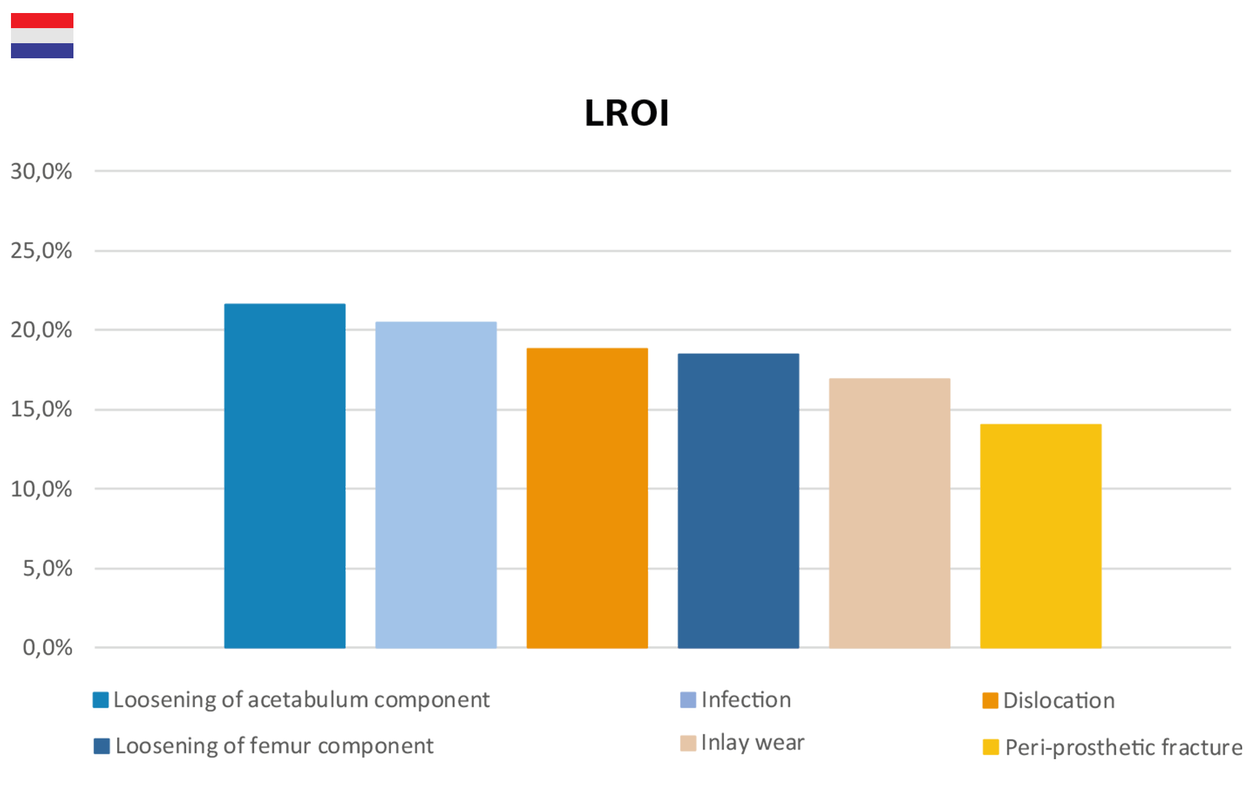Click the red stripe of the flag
42,21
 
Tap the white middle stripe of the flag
42,36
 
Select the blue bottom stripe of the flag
42,51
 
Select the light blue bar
436,466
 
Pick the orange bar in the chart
587,494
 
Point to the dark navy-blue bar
738,494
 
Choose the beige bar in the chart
889,501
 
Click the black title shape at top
626,120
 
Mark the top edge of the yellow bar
1040,418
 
